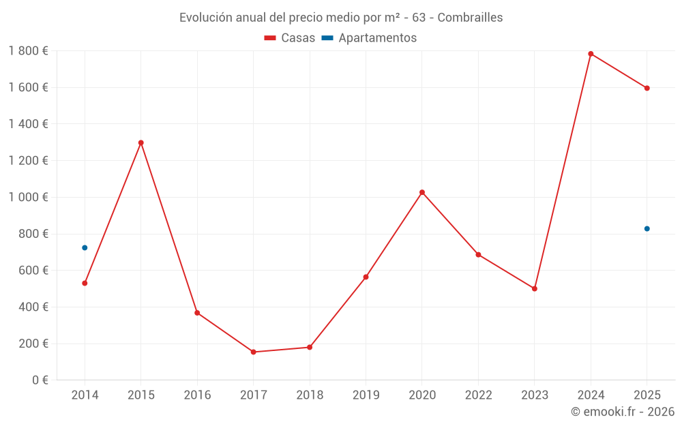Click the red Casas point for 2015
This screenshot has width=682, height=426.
pyautogui.click(x=141, y=142)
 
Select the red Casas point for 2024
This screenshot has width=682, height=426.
pyautogui.click(x=591, y=54)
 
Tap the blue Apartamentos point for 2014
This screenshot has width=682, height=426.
pyautogui.click(x=85, y=247)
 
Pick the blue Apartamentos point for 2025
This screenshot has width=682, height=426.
pyautogui.click(x=647, y=228)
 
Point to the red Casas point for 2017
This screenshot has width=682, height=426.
pyautogui.click(x=253, y=352)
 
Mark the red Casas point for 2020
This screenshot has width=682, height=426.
pyautogui.click(x=422, y=192)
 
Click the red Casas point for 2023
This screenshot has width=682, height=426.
pyautogui.click(x=535, y=288)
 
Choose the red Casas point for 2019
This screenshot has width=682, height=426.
pyautogui.click(x=366, y=277)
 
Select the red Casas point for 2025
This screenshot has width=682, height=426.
pyautogui.click(x=647, y=88)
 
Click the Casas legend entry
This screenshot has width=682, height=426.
pyautogui.click(x=290, y=38)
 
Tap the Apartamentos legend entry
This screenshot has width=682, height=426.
pyautogui.click(x=369, y=38)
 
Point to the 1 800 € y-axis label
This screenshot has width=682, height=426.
pyautogui.click(x=28, y=50)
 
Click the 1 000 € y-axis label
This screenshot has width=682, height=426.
pyautogui.click(x=28, y=197)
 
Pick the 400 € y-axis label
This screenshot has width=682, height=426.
pyautogui.click(x=31, y=307)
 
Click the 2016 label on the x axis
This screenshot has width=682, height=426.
pyautogui.click(x=197, y=395)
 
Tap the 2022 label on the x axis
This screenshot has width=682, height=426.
pyautogui.click(x=478, y=395)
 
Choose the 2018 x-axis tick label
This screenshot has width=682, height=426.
pyautogui.click(x=310, y=395)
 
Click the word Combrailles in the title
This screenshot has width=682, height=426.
pyautogui.click(x=470, y=18)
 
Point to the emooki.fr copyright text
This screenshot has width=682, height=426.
pyautogui.click(x=623, y=412)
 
